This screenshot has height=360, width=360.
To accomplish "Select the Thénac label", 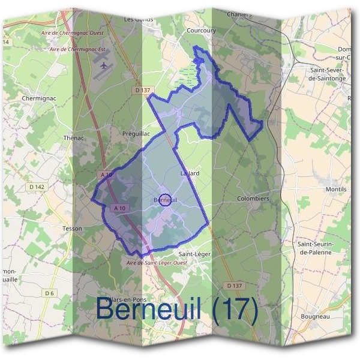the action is (x=75, y=137).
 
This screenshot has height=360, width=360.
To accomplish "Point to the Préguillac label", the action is (x=135, y=133).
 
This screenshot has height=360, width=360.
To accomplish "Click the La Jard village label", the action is (x=190, y=173).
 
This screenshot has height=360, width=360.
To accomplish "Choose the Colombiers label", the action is (x=253, y=198).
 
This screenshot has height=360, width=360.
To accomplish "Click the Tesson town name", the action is (x=72, y=229).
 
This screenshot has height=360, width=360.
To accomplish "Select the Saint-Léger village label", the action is (x=195, y=254).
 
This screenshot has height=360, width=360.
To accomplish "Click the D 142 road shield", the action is (x=36, y=187).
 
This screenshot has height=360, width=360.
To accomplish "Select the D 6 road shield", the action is (x=49, y=293).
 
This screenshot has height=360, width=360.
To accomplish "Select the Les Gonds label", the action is (x=139, y=19).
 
